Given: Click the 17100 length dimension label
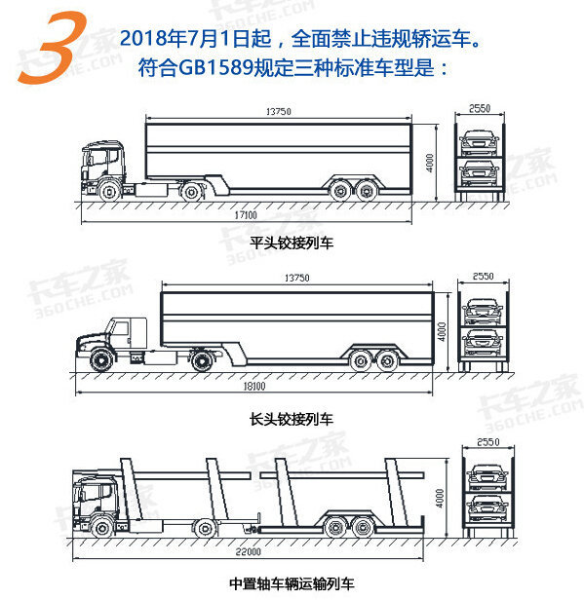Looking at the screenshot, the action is point(246,215).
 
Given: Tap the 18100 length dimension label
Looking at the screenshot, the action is point(254,386).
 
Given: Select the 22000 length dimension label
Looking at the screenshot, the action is point(249,551).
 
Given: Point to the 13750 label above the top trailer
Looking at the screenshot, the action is point(279,111).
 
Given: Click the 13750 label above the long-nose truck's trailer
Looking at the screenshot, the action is point(296,278).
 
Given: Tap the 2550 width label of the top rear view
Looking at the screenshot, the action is point(480,109).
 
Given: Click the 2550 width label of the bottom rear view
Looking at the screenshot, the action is point(487,442).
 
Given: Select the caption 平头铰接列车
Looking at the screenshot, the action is point(292,243).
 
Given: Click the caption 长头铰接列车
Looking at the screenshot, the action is point(292,420).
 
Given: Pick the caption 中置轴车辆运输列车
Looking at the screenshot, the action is point(292,584).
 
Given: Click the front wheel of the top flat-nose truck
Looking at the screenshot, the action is point(110,191).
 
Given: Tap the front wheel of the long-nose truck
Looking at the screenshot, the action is point(101,360).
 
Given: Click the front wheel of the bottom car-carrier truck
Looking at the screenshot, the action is point(102,529).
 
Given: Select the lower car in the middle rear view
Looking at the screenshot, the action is point(483,342).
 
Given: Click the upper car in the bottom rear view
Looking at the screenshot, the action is point(487,477).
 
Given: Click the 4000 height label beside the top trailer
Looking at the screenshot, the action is point(430,163).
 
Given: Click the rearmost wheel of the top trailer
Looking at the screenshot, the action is point(367,191).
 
